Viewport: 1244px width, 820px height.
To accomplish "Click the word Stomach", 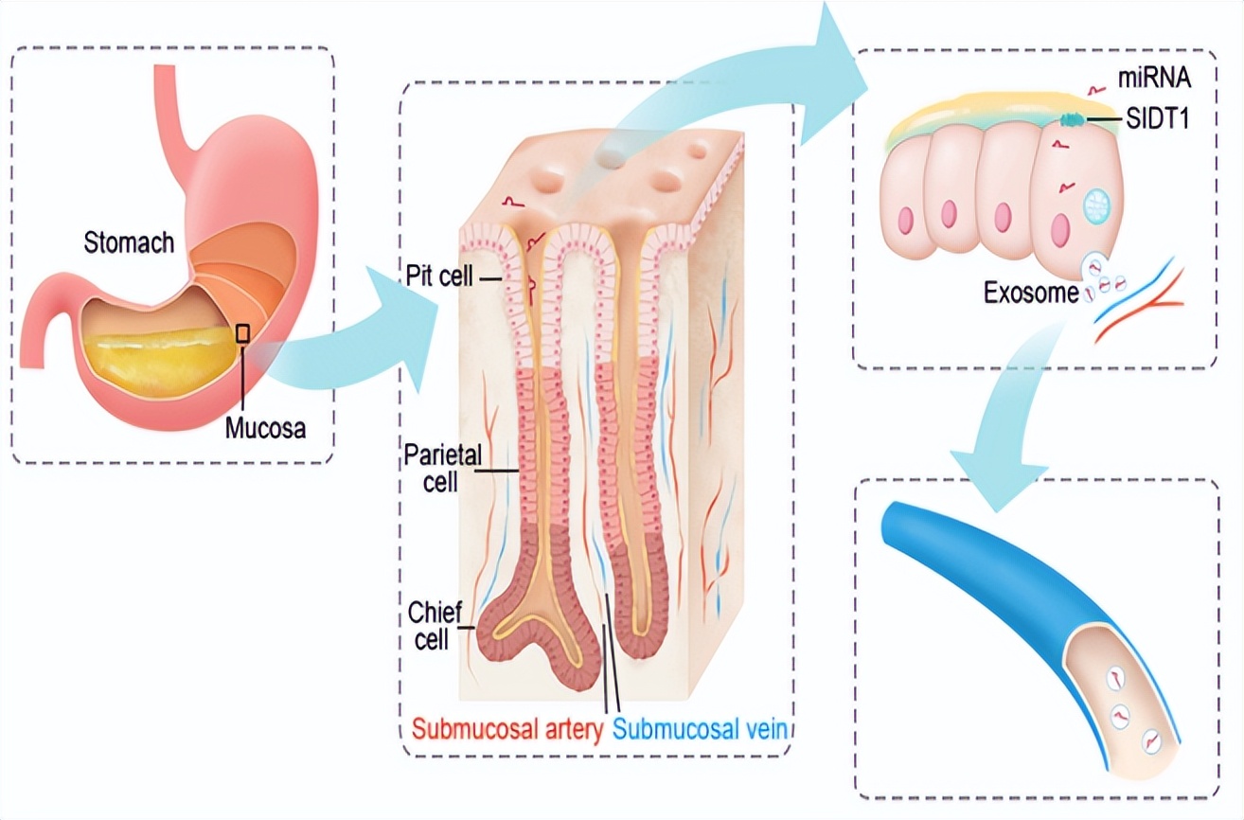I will [x=129, y=242].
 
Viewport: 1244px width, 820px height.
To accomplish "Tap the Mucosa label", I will [x=266, y=428].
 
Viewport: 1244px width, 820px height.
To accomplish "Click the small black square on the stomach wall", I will [x=243, y=332].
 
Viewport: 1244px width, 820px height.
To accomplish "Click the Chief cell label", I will [x=434, y=625].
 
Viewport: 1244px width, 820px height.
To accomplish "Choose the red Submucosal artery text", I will [x=507, y=729].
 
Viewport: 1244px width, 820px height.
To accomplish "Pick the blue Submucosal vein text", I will [x=702, y=729].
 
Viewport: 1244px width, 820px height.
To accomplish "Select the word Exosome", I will [x=1030, y=293].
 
